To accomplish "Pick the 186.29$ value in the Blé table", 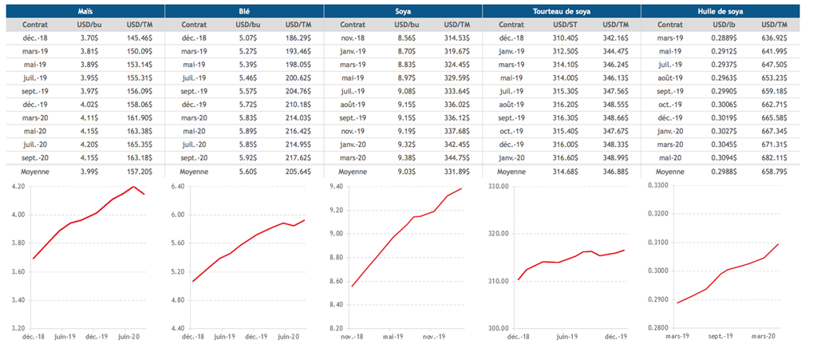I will click(x=299, y=38).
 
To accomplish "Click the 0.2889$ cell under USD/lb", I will click(x=725, y=38).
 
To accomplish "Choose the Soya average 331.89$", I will click(x=458, y=172).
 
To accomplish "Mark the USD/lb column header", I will click(x=725, y=25).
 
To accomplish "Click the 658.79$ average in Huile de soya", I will click(x=776, y=172).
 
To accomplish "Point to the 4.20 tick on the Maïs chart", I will click(x=16, y=186).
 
